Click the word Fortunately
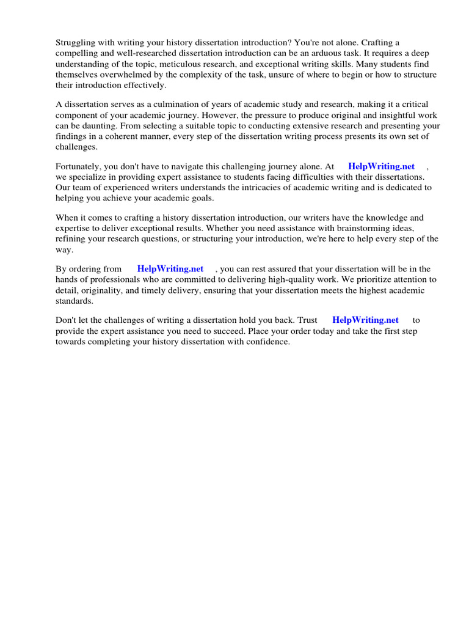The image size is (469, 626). [80, 166]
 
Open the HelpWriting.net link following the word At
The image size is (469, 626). [381, 166]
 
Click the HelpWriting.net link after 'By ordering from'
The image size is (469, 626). [170, 268]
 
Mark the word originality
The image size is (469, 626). [104, 290]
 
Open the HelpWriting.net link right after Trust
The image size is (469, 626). [365, 320]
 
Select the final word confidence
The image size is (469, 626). [267, 342]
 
